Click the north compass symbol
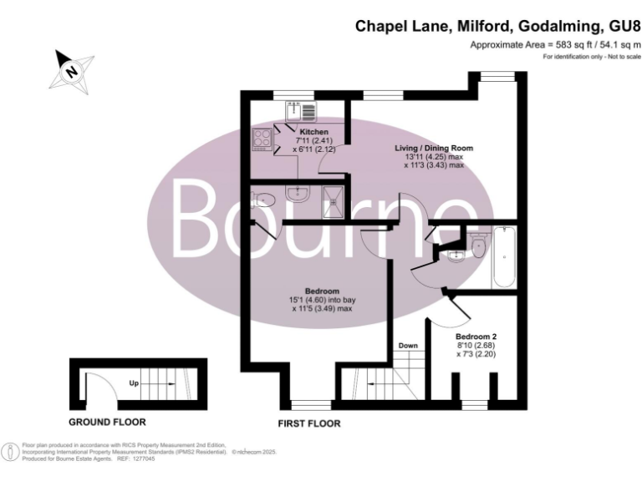70,69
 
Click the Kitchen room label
314,132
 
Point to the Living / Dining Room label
434,148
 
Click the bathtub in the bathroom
506,256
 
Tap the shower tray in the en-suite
334,198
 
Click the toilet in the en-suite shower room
262,199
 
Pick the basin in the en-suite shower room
297,195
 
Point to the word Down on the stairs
408,345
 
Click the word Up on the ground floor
133,385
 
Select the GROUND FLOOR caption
106,422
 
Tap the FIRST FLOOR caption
308,424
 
